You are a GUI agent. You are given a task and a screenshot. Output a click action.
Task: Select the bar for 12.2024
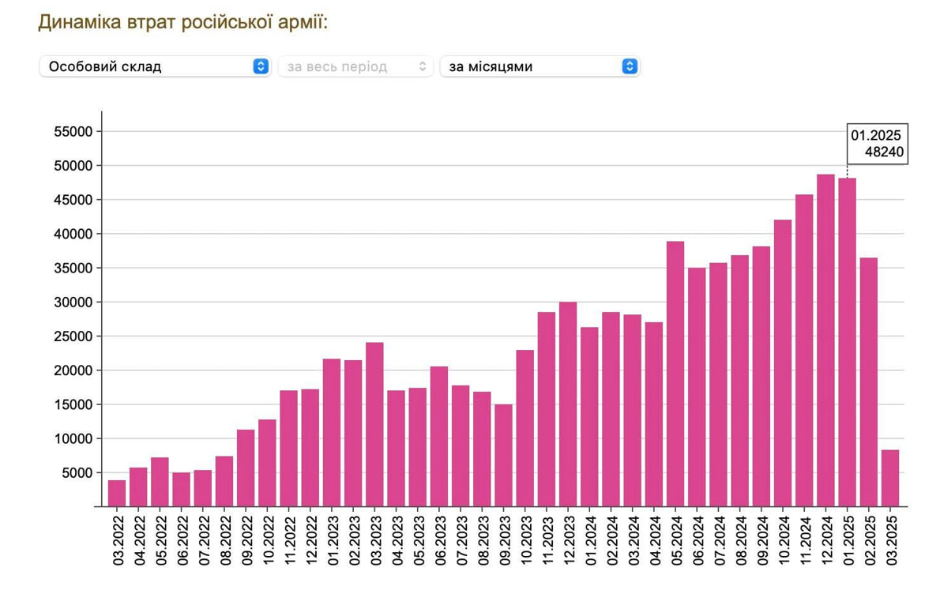(825, 340)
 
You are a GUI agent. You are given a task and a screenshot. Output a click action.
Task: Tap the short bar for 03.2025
(890, 478)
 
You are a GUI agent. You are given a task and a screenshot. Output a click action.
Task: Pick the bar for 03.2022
(117, 493)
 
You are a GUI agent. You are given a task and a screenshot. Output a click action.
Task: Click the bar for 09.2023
(503, 455)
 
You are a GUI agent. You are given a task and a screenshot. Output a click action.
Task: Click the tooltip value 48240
(884, 152)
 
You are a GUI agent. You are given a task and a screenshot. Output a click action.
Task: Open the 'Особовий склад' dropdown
(155, 66)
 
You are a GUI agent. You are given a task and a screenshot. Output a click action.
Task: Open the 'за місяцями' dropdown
(540, 66)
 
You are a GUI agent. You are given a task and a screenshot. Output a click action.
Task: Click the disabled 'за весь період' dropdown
(355, 66)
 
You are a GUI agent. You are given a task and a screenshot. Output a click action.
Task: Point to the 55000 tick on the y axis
(73, 132)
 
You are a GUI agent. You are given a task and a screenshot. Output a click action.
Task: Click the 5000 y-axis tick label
(76, 473)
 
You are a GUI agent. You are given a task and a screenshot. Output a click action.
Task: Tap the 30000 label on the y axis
(73, 303)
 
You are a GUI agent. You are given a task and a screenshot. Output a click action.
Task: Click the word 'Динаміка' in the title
(79, 21)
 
